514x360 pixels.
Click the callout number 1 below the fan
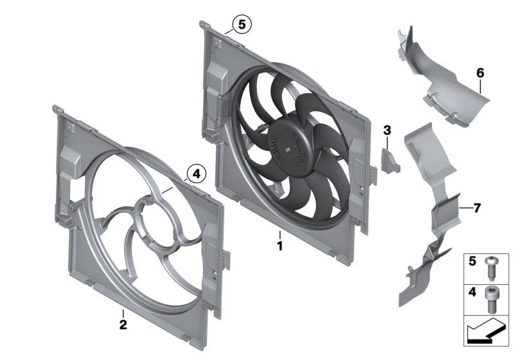(279, 246)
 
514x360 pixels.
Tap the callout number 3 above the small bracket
(387, 130)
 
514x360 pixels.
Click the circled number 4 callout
(195, 172)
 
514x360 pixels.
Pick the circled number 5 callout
(242, 24)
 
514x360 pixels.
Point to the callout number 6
(479, 73)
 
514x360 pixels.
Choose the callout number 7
(476, 208)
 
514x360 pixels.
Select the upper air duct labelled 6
(450, 84)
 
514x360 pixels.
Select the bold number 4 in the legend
(472, 292)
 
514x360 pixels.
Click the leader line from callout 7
(466, 208)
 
